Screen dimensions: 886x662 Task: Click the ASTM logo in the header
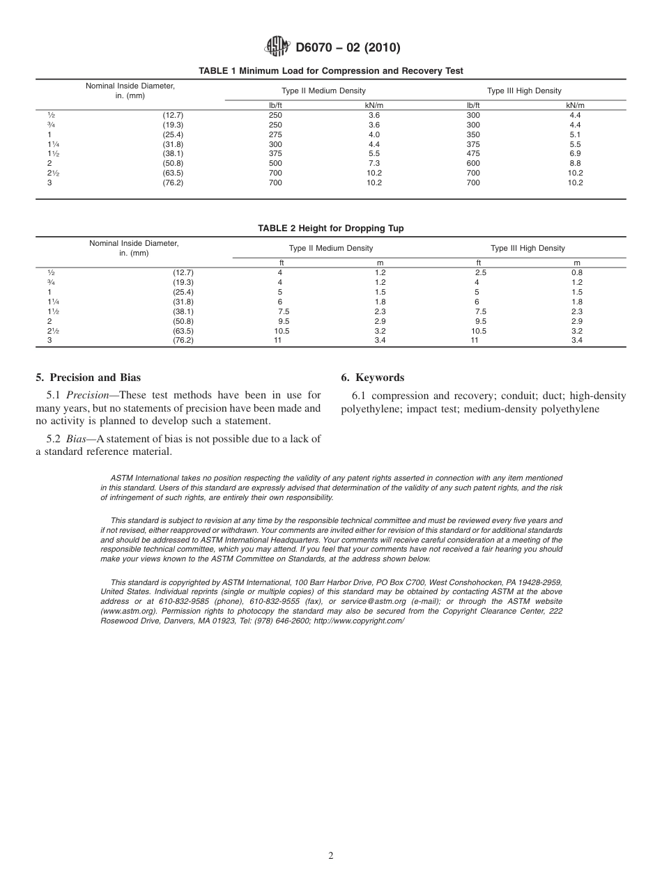tap(277, 47)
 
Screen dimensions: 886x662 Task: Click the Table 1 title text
tap(331, 71)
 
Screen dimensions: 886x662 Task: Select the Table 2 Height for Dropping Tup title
tap(331, 228)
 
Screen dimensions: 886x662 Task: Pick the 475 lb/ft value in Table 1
tap(474, 154)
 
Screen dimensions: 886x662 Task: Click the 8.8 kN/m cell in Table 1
tap(575, 164)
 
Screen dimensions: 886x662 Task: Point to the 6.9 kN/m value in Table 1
tap(575, 154)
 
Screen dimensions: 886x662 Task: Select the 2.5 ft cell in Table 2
tap(480, 273)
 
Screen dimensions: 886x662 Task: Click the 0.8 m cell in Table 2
tap(577, 273)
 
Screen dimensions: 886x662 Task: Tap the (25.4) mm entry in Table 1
tap(172, 134)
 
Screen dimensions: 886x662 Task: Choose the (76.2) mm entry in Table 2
tap(183, 341)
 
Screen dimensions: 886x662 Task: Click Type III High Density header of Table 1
tap(524, 91)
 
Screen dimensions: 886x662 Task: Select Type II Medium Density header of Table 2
tap(331, 249)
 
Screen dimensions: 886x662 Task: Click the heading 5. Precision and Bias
tap(88, 378)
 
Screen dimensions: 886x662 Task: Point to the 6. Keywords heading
tap(372, 378)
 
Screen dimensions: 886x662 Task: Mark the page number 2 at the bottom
tap(331, 856)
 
